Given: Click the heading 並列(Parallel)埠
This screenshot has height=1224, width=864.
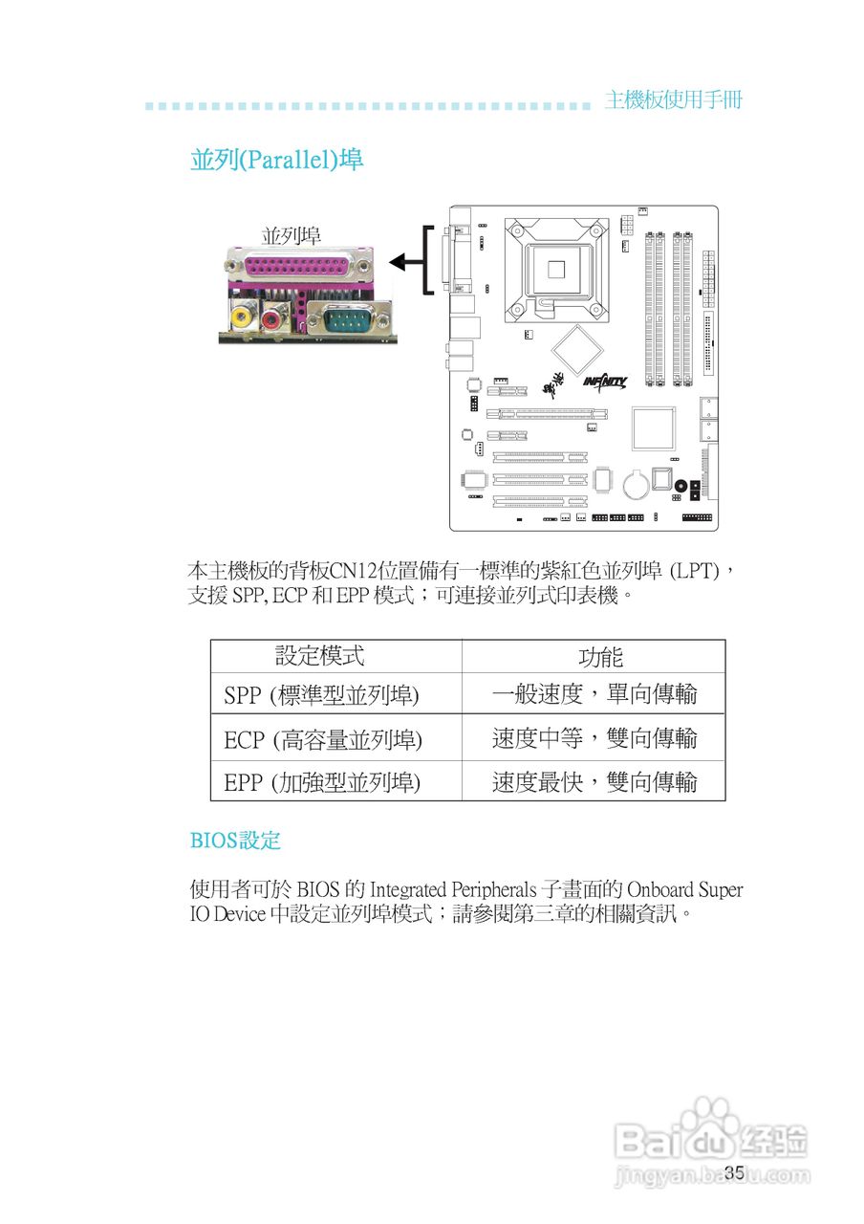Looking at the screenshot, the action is [x=276, y=159].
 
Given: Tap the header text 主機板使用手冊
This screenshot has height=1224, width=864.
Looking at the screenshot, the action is [x=673, y=100].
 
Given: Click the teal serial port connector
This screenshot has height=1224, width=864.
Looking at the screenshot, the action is [x=345, y=318].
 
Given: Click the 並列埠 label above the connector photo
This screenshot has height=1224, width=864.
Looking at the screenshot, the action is [x=292, y=235].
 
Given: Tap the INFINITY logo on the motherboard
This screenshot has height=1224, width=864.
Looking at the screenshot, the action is [x=604, y=382].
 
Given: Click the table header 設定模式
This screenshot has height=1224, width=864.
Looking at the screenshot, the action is [x=320, y=656].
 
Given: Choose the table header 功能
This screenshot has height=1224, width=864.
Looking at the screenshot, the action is [x=600, y=657].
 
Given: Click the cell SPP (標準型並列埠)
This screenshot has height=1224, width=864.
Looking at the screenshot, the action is [x=322, y=695].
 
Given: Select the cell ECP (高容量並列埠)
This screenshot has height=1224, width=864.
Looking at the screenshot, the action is [x=323, y=739].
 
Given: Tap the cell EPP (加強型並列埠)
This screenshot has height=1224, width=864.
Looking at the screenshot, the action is [x=322, y=783].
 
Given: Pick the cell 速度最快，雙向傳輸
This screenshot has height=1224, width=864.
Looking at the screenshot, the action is [x=594, y=782].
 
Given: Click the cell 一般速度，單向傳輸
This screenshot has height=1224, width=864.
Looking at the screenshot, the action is [x=594, y=694].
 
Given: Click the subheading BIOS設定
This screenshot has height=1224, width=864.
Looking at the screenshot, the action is [x=235, y=841].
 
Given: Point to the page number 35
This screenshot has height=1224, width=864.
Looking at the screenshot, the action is [x=734, y=1173].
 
